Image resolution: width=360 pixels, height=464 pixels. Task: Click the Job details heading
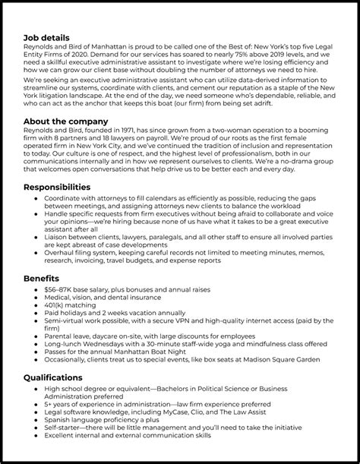tap(47, 37)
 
